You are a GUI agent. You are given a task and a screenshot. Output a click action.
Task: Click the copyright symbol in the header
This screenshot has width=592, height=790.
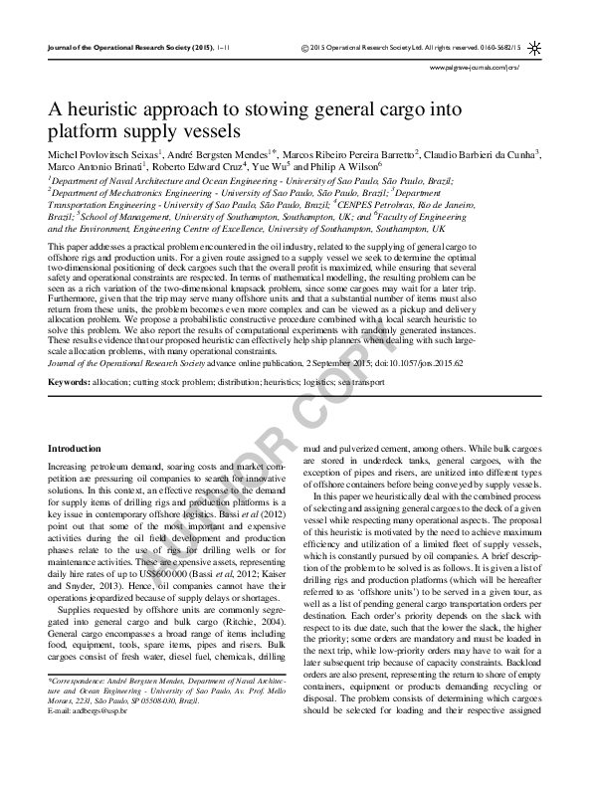point(302,48)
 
